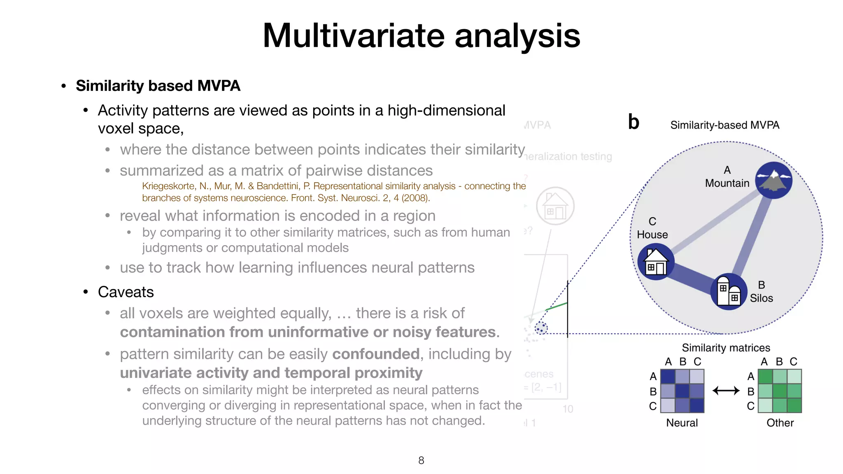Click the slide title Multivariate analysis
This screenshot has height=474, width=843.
coord(421,36)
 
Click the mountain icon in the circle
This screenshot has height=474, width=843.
coord(774,180)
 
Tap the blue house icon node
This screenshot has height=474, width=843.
coord(656,262)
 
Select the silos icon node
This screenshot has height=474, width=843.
coord(729,291)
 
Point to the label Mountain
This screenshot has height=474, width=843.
coord(727,183)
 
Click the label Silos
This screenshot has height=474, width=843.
coord(761,298)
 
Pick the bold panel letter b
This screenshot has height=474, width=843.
coord(633,122)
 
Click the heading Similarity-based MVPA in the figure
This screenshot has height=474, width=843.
coord(724,125)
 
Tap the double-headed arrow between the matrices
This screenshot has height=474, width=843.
coord(726,390)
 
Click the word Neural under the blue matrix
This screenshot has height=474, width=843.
coord(682,423)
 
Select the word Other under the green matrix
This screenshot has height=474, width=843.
coord(780,423)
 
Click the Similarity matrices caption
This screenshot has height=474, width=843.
coord(726,348)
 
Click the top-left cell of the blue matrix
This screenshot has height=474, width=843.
coord(668,376)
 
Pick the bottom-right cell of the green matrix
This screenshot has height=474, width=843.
coord(794,405)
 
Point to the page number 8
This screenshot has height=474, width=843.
coord(421,460)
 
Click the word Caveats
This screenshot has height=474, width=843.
coord(126,292)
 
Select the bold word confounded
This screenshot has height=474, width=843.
coord(376,354)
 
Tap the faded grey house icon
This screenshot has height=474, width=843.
coord(555,206)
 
